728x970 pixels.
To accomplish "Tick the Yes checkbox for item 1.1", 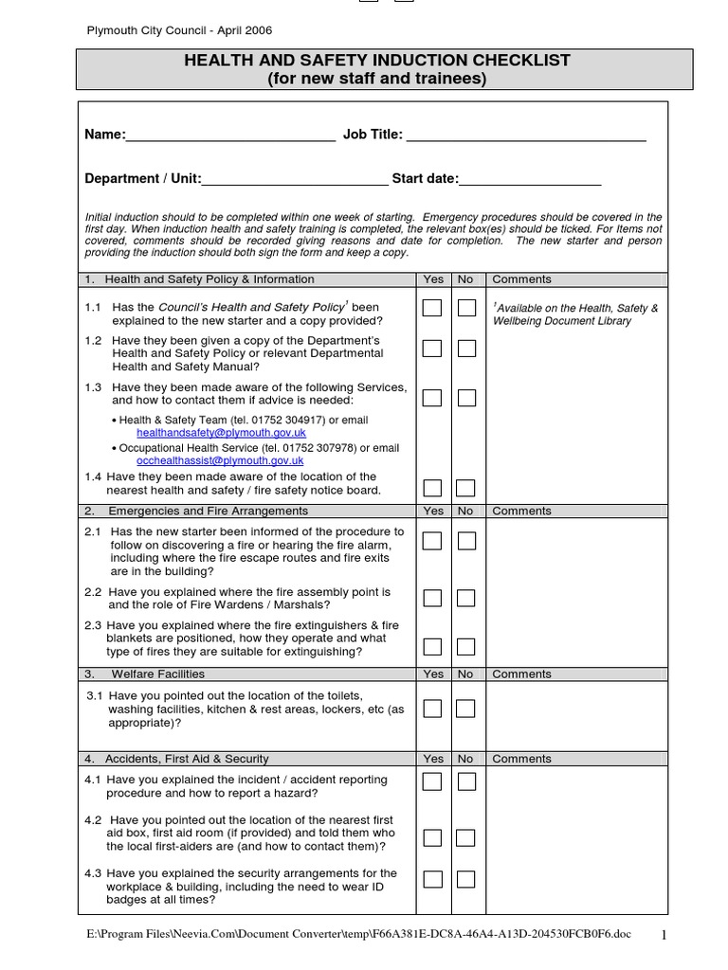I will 432,308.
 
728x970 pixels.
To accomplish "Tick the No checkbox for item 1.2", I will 466,349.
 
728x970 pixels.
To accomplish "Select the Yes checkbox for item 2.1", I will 432,541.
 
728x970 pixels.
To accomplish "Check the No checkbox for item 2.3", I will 466,647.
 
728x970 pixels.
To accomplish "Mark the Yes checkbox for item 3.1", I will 432,709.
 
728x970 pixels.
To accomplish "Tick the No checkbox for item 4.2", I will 466,837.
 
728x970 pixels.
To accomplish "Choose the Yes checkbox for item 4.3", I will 432,879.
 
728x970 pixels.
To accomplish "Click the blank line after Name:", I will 230,136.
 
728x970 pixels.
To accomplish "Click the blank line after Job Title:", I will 526,136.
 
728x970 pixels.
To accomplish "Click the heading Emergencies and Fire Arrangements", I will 208,512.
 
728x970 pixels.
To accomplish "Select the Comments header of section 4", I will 521,759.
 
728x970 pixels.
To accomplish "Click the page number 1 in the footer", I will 664,936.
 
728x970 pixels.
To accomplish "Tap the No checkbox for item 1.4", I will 466,488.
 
